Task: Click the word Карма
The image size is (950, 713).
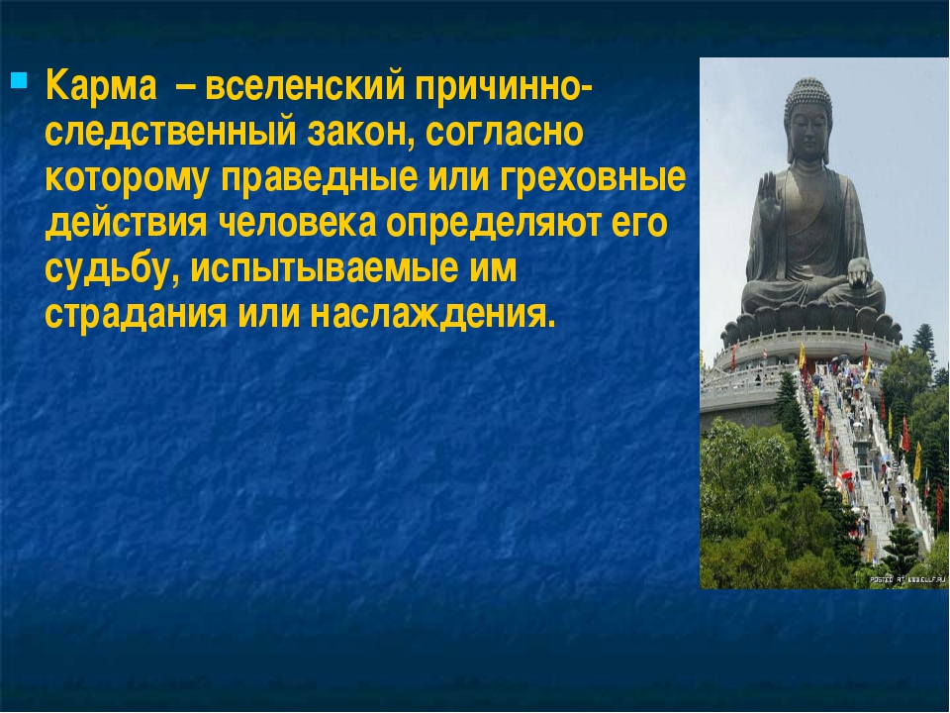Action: pyautogui.click(x=101, y=85)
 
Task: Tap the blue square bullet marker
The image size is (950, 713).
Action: pyautogui.click(x=20, y=79)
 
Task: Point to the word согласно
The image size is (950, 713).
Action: pyautogui.click(x=504, y=132)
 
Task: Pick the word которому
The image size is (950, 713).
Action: pyautogui.click(x=126, y=179)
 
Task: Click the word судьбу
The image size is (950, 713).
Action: pyautogui.click(x=113, y=269)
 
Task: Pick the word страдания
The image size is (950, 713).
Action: pyautogui.click(x=136, y=315)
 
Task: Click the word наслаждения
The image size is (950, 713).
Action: pyautogui.click(x=432, y=315)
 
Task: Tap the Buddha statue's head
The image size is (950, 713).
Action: pyautogui.click(x=808, y=120)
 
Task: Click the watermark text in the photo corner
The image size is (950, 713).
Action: pyautogui.click(x=907, y=580)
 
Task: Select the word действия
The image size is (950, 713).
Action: pyautogui.click(x=126, y=225)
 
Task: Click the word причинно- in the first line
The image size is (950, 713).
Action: pyautogui.click(x=504, y=85)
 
